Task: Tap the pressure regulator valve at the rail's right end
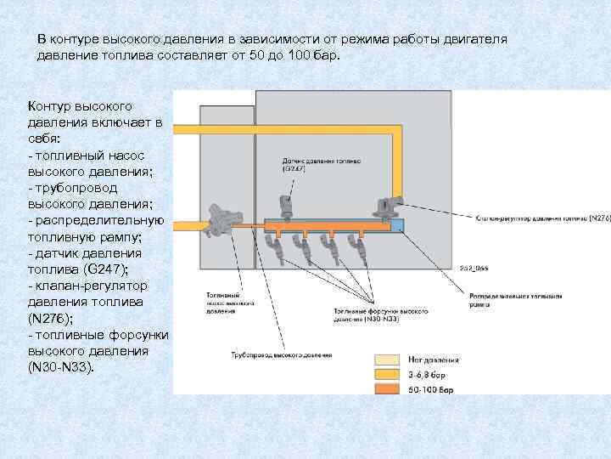tap(389, 207)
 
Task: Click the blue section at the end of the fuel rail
tap(397, 226)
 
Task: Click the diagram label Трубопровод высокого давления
tap(281, 354)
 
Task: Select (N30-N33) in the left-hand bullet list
tap(62, 366)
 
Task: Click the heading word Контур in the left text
tap(52, 106)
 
